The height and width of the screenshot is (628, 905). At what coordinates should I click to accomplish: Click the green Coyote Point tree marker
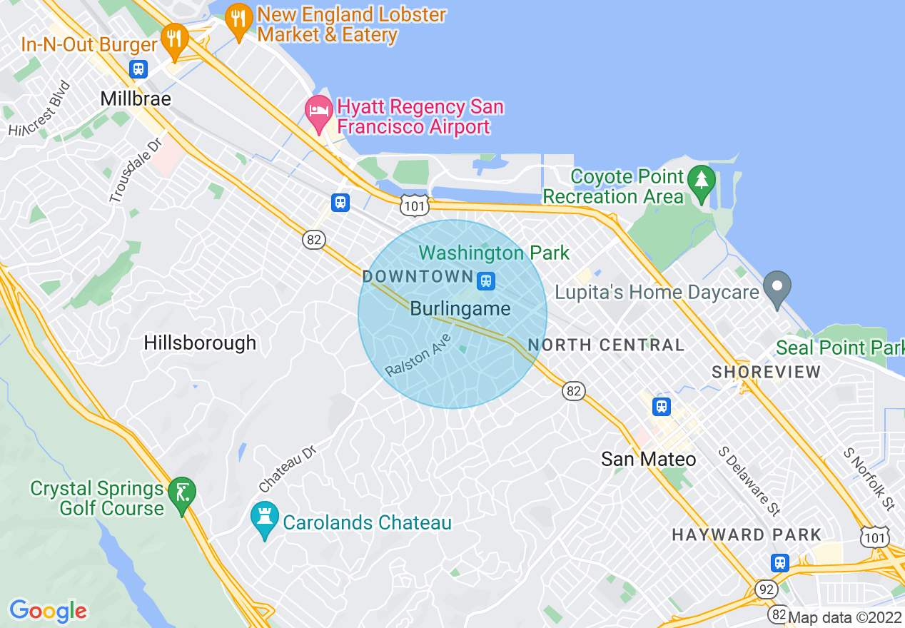702,183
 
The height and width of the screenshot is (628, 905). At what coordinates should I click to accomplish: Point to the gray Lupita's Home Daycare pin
778,289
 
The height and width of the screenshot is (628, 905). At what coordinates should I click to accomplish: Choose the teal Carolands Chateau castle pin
265,520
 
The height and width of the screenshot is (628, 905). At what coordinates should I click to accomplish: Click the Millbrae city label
136,98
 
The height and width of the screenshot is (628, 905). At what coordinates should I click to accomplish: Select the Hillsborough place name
200,343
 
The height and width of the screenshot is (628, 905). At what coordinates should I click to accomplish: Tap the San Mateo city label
648,458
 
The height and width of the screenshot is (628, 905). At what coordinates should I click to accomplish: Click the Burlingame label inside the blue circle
460,309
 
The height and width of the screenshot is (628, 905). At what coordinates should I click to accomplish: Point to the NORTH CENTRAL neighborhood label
606,345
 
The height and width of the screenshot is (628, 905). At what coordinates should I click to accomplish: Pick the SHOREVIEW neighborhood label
767,372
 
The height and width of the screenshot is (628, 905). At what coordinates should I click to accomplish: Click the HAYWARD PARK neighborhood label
747,535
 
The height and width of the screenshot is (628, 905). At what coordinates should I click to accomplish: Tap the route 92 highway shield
766,589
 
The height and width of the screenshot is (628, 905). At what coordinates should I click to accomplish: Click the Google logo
48,611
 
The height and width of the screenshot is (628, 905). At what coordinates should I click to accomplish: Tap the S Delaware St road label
749,481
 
